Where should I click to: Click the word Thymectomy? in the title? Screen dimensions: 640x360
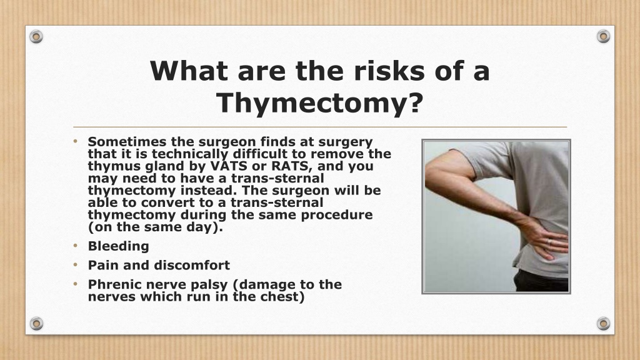(319, 102)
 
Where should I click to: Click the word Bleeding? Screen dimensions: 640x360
(118, 246)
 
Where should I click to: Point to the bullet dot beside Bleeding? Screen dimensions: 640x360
(76, 246)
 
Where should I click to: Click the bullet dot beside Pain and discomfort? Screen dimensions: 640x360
(76, 265)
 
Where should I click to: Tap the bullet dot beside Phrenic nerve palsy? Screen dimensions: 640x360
(76, 284)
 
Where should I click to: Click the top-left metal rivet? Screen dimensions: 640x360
(36, 37)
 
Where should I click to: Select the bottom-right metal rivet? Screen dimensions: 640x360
(603, 324)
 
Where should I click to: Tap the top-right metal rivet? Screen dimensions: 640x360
(603, 36)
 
